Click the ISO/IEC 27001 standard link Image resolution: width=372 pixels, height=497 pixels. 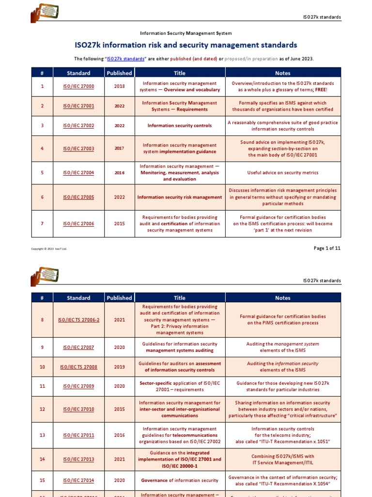78,106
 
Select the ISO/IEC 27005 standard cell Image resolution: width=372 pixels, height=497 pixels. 78,197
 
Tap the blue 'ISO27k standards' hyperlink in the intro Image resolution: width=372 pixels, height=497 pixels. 126,59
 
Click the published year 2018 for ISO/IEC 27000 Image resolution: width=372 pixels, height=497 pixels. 119,86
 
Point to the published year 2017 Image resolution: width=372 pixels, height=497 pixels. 119,148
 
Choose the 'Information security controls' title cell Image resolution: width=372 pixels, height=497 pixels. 180,125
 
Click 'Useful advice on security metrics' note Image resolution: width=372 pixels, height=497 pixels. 283,173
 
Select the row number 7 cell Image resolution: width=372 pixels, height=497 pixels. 42,224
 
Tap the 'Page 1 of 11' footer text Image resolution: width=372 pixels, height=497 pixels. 327,248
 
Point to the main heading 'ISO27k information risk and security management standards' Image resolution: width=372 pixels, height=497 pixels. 186,45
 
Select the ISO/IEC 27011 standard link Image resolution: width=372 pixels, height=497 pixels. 78,435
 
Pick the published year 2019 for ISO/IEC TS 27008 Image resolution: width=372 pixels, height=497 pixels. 119,367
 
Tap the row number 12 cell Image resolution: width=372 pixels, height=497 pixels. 42,409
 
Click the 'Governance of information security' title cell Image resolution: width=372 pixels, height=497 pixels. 180,480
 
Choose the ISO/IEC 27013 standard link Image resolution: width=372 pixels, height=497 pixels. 78,459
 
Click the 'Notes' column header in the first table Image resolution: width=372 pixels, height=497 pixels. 283,73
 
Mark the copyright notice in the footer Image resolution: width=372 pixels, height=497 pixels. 49,249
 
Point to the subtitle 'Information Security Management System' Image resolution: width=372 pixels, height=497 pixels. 186,33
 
